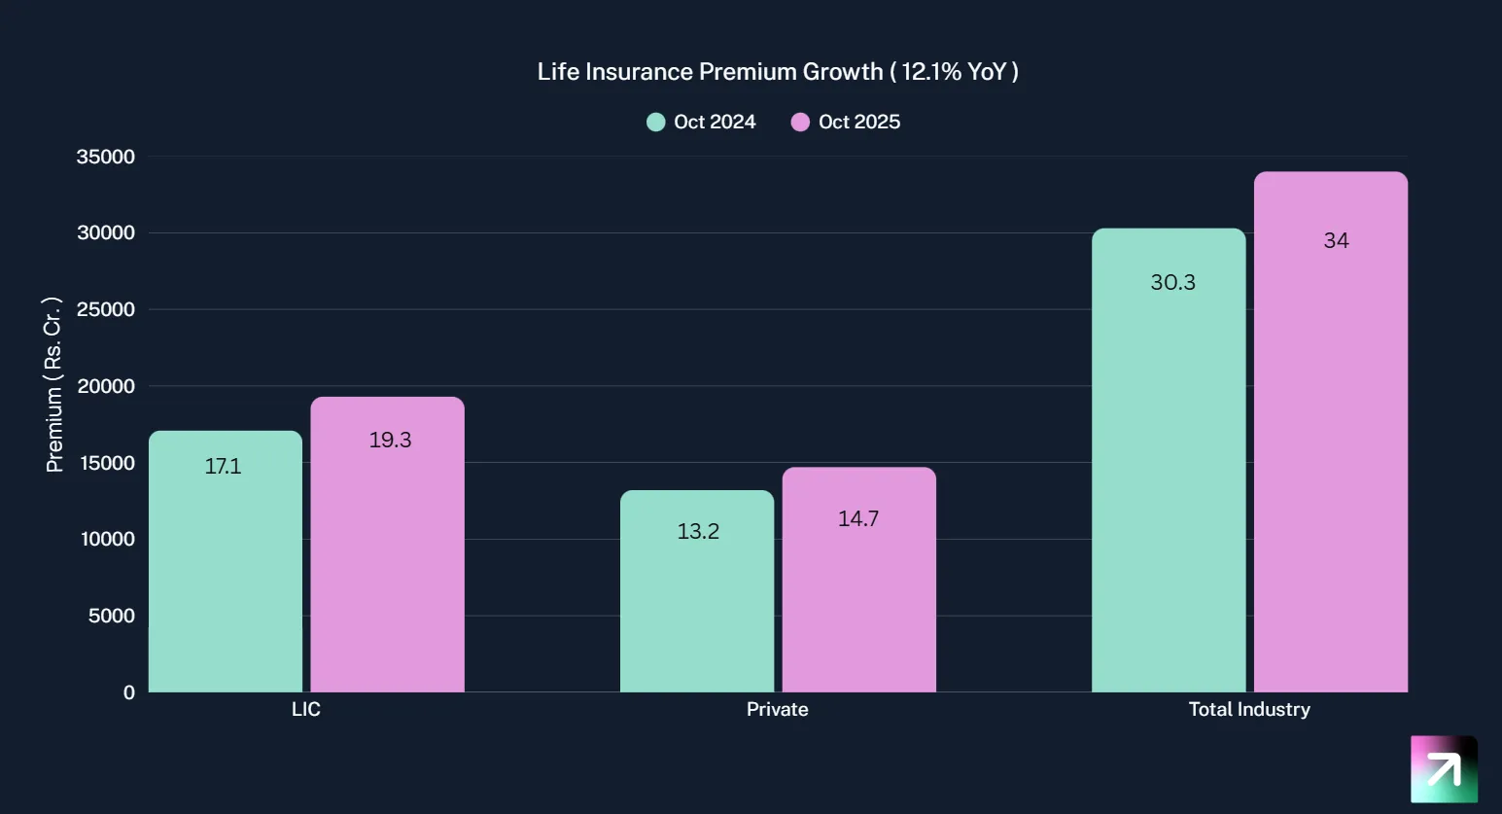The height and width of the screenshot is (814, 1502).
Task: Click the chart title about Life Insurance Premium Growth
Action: tap(778, 72)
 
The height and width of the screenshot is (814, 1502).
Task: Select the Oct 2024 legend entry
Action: tap(701, 122)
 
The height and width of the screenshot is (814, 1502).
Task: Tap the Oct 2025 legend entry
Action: tap(846, 122)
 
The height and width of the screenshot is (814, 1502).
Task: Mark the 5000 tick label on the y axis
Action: tap(111, 616)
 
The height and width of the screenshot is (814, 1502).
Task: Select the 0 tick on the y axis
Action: tap(129, 692)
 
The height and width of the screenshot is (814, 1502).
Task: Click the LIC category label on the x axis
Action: tap(306, 709)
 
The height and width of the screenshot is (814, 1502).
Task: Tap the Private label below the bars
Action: tap(777, 709)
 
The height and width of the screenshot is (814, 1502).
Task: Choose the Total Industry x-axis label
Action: tap(1249, 709)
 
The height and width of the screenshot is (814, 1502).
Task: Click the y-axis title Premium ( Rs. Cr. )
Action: tap(53, 385)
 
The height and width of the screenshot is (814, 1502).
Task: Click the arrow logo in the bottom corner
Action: tap(1444, 769)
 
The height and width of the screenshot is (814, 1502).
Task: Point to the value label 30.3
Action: tap(1172, 282)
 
